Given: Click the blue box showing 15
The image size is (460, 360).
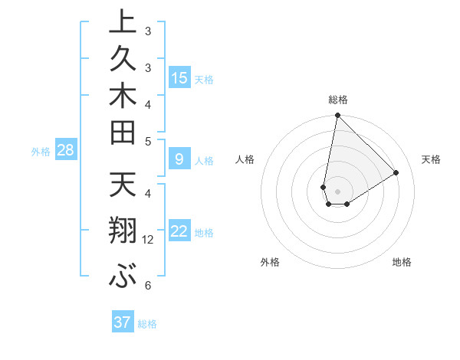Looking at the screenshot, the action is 179,77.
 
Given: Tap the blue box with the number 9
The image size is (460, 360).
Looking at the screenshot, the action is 179,159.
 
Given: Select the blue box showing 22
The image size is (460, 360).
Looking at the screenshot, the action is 179,231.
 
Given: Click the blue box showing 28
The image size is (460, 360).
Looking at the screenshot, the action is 65,150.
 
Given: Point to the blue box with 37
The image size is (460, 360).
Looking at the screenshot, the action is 122,322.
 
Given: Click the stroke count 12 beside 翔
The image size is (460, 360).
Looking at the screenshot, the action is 148,240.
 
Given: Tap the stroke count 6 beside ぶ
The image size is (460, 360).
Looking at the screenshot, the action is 147,286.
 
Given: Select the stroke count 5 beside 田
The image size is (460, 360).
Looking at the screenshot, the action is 147,141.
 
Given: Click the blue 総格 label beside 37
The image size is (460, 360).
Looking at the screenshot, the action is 147,324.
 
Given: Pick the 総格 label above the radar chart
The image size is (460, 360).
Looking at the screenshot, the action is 337,100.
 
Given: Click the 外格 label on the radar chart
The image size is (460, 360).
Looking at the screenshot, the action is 270,262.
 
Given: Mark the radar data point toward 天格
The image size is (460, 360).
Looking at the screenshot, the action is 396,172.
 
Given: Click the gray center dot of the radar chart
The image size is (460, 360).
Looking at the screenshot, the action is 337,191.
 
